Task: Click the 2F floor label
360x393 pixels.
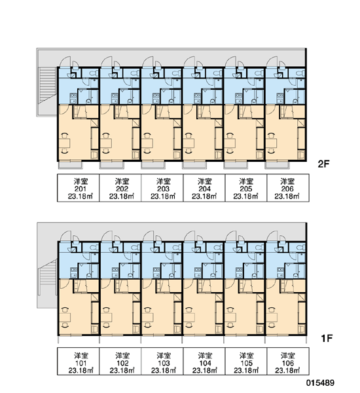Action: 323,164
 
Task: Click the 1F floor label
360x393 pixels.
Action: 327,339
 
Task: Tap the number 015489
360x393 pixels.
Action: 320,383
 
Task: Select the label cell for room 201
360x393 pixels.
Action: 79,188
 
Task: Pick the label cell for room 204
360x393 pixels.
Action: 204,188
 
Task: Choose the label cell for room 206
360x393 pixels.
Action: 288,188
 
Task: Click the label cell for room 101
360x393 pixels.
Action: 79,361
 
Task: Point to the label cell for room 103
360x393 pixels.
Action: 162,361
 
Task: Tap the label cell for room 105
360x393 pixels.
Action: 246,361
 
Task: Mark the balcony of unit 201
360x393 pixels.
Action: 71,165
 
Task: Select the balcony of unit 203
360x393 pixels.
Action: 153,165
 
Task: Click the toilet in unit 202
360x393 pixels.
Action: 135,73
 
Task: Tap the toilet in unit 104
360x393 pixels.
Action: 218,248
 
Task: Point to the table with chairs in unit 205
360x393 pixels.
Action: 230,143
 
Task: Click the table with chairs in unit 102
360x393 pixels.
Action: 106,317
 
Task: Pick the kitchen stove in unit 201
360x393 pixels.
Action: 73,98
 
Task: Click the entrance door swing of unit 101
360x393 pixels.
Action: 65,236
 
